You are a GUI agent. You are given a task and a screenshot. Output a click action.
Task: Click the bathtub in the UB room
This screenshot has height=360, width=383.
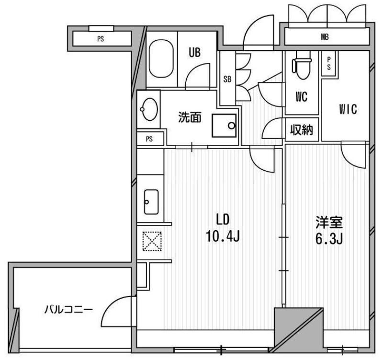pyautogui.click(x=161, y=58)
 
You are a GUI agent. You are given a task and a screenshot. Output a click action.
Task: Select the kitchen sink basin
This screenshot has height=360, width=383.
pyautogui.click(x=151, y=202)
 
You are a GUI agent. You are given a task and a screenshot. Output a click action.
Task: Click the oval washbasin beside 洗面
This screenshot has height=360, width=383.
pyautogui.click(x=149, y=109)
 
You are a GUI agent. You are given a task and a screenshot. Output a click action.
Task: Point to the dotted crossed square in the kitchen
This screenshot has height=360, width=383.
pyautogui.click(x=152, y=241)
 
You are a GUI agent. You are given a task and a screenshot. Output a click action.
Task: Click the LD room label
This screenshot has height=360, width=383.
pyautogui.click(x=223, y=220)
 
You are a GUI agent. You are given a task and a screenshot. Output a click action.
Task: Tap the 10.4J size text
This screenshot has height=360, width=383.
pyautogui.click(x=223, y=236)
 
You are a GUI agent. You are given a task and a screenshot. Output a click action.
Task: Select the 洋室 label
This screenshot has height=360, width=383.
pyautogui.click(x=329, y=222)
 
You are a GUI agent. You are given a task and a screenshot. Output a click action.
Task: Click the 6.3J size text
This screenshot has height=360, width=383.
pyautogui.click(x=329, y=239)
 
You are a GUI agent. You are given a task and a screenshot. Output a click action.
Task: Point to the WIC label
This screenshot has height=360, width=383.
pyautogui.click(x=348, y=109)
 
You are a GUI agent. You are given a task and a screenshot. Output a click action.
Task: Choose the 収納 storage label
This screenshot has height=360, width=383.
pyautogui.click(x=302, y=129)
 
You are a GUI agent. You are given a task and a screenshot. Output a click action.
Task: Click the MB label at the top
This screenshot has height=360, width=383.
pyautogui.click(x=325, y=37)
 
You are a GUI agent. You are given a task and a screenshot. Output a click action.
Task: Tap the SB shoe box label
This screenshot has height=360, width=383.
pyautogui.click(x=227, y=79)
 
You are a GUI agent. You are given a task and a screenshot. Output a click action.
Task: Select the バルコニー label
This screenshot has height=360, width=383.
pyautogui.click(x=68, y=310)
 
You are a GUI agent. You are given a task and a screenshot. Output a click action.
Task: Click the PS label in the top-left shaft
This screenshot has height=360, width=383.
pyautogui.click(x=101, y=39)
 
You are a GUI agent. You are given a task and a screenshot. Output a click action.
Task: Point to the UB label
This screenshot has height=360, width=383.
pyautogui.click(x=195, y=52)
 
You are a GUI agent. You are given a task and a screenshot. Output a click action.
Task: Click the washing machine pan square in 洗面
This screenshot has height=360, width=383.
pyautogui.click(x=225, y=126)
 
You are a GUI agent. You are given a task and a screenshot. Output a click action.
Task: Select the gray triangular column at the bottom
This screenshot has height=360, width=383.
pyautogui.click(x=299, y=330)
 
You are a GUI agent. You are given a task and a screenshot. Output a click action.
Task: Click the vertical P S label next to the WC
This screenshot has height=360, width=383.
pyautogui.click(x=329, y=63)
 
